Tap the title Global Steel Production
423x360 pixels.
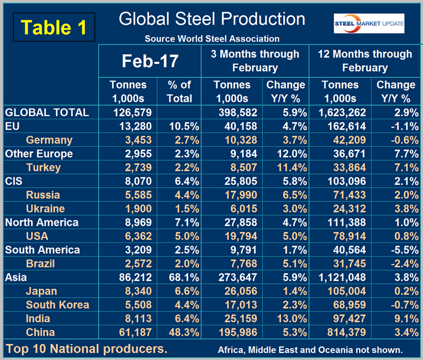coord(212,19)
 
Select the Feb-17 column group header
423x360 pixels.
coord(150,61)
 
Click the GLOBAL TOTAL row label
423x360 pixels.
coord(46,113)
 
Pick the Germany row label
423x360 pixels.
coord(49,140)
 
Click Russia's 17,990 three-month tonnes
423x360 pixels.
coord(233,195)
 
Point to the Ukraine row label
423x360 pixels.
coord(45,208)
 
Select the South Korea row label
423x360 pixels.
coord(57,305)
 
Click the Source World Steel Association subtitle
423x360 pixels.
coord(212,39)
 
